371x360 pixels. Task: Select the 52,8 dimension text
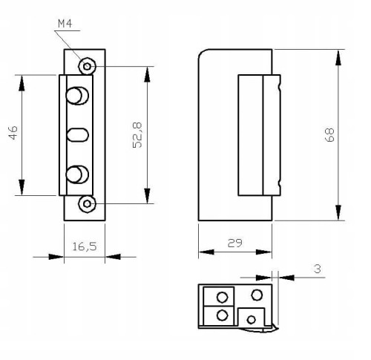(137, 136)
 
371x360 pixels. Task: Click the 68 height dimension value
(329, 134)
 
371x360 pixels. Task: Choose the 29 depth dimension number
(234, 242)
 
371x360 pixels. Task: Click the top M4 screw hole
(88, 66)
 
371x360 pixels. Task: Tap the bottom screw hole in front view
(88, 203)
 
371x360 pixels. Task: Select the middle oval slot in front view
(77, 135)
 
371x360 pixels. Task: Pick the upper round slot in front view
(76, 96)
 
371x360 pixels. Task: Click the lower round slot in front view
(76, 175)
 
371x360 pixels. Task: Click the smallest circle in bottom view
(251, 319)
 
